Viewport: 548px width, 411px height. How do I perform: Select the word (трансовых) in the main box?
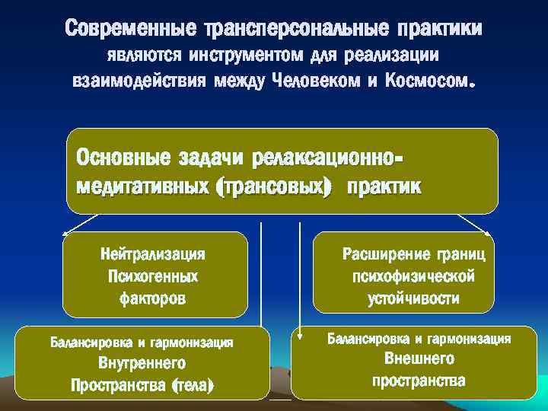point(275,186)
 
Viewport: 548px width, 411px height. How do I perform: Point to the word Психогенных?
point(153,276)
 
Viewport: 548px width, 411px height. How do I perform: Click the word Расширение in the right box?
point(386,253)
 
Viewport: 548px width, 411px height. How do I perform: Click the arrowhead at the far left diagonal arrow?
point(65,236)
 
